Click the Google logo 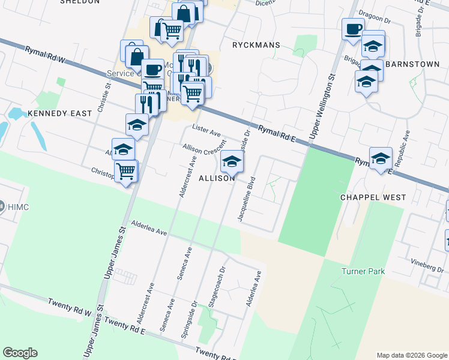pyautogui.click(x=20, y=353)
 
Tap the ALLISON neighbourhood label pyautogui.click(x=217, y=179)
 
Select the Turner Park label pyautogui.click(x=363, y=272)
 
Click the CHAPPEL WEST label pyautogui.click(x=373, y=197)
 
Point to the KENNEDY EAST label pyautogui.click(x=59, y=113)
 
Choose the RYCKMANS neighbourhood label pyautogui.click(x=256, y=44)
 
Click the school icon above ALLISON pyautogui.click(x=232, y=161)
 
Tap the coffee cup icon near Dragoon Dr pyautogui.click(x=354, y=29)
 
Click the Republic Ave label pyautogui.click(x=407, y=148)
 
